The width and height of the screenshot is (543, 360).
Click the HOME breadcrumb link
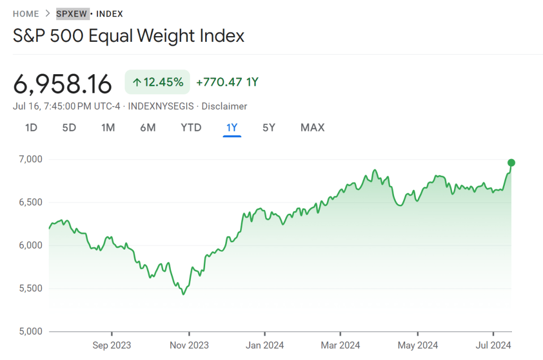click(x=25, y=14)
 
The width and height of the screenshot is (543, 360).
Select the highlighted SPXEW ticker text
click(x=72, y=14)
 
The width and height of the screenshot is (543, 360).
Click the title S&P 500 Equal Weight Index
click(x=128, y=36)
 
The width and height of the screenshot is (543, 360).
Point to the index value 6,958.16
click(x=63, y=84)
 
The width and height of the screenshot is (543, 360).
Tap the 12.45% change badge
click(x=157, y=82)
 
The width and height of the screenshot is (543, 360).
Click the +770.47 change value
click(x=220, y=82)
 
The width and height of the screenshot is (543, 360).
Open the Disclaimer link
click(x=224, y=106)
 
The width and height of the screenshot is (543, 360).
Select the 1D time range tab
click(x=31, y=127)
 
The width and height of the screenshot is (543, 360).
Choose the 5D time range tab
click(x=69, y=127)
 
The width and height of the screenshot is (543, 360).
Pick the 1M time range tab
click(x=108, y=127)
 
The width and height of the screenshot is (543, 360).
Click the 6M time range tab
click(x=148, y=127)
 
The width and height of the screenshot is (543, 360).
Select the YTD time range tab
click(x=191, y=127)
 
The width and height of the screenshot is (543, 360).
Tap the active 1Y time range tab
click(x=232, y=127)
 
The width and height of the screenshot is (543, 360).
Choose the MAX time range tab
click(x=312, y=127)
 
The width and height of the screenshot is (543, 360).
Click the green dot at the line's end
click(x=511, y=163)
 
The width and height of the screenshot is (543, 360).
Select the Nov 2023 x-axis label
click(x=189, y=345)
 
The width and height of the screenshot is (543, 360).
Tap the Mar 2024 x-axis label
click(x=341, y=345)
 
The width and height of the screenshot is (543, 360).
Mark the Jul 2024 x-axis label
click(x=493, y=345)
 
